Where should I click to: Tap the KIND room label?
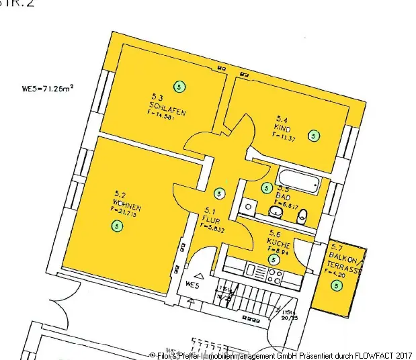[x=282, y=125]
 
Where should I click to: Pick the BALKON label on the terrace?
[x=338, y=257]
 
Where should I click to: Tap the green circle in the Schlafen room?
[x=179, y=86]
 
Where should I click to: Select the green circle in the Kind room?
[x=314, y=136]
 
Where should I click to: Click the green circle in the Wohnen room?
[x=118, y=226]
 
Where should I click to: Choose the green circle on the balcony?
[x=337, y=286]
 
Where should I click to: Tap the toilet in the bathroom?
[x=302, y=216]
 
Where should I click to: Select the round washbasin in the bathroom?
[x=275, y=213]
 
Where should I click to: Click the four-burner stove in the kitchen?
[x=275, y=274]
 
